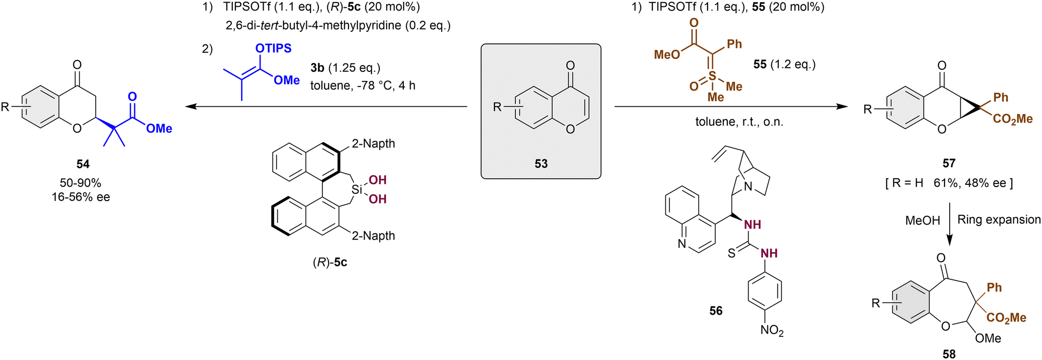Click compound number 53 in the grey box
541,164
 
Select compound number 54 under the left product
83,164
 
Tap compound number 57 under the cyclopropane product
949,164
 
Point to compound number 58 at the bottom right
949,354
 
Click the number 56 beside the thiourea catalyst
716,311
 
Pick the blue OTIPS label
273,48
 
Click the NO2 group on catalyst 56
772,330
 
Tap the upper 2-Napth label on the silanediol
373,143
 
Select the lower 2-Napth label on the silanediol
373,235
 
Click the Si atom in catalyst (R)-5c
357,190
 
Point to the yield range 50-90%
80,183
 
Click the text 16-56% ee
81,197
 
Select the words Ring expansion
999,219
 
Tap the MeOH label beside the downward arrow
923,220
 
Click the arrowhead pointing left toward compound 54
191,107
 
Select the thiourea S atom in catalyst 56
731,253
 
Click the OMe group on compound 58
988,338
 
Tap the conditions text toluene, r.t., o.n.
739,122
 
